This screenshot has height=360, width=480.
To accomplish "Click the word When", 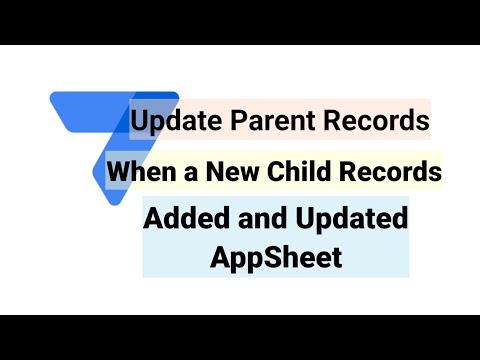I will point(138,172).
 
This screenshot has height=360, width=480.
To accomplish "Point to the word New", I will point(229,172).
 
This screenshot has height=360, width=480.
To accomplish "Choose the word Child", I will point(299,172).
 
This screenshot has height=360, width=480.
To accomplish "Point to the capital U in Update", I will point(139,122).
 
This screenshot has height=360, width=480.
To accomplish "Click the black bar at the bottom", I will point(240,337).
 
